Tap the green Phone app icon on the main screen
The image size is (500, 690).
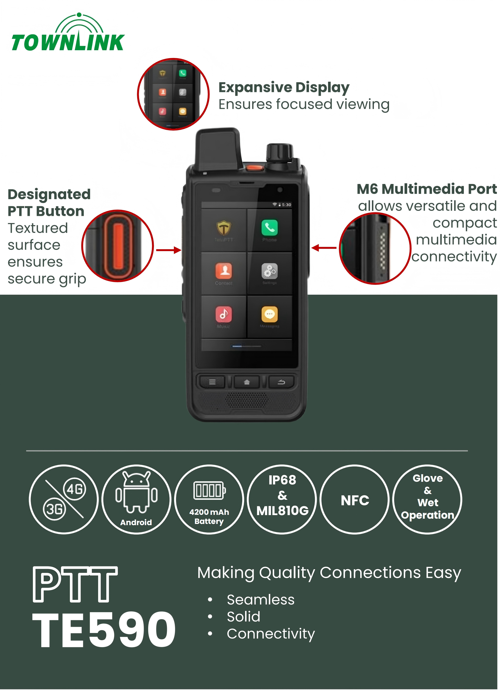click(x=270, y=228)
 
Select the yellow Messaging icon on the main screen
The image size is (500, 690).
click(x=270, y=314)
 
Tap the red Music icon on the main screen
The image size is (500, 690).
click(x=224, y=314)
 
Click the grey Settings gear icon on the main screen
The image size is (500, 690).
click(x=270, y=271)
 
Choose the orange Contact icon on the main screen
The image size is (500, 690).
click(x=224, y=271)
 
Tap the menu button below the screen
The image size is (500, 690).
click(x=212, y=382)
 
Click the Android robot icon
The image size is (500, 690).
click(x=136, y=493)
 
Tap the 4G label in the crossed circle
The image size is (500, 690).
click(x=75, y=489)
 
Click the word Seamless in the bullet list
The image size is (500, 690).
click(x=261, y=600)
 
